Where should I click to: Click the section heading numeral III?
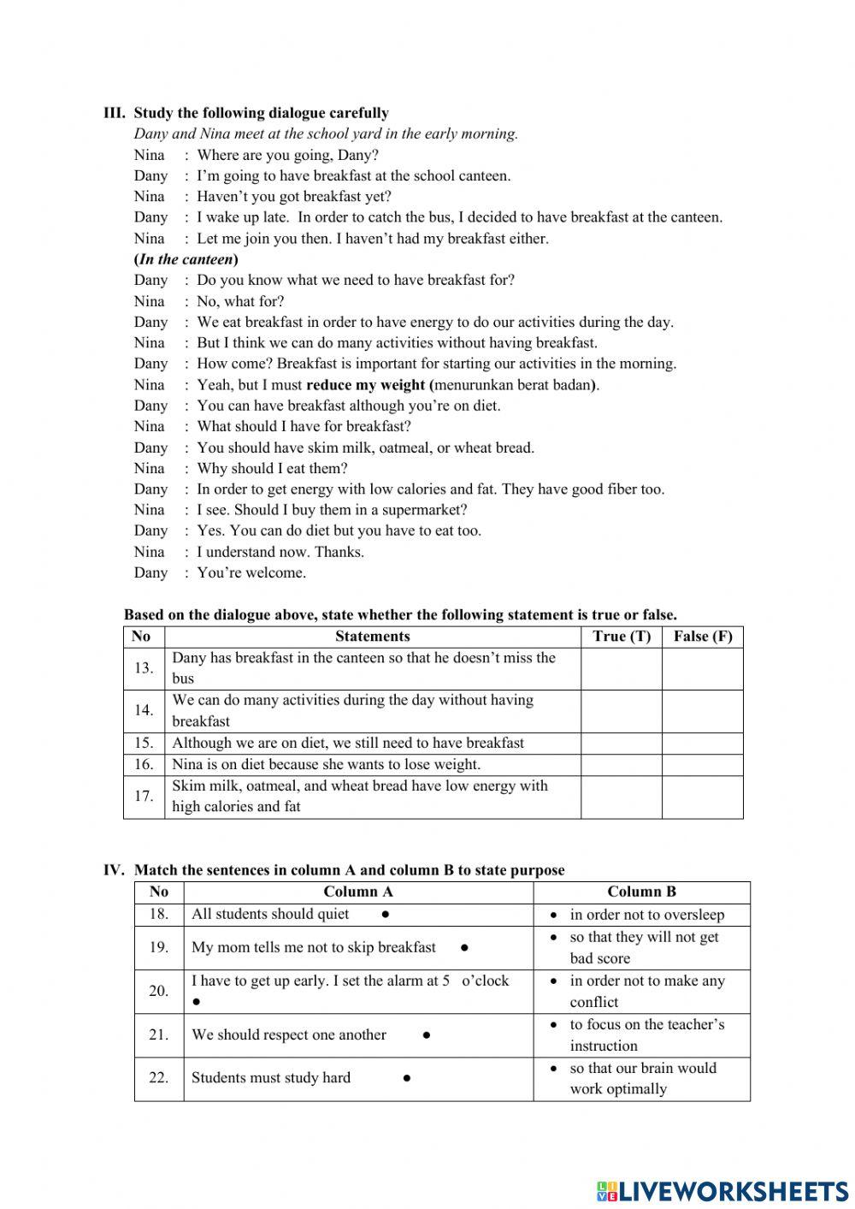(x=114, y=113)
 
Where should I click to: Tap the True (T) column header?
(x=622, y=637)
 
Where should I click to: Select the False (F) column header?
(x=703, y=637)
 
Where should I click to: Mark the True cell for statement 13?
(x=622, y=668)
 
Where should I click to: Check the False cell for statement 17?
(x=703, y=797)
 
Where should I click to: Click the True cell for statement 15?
(x=622, y=743)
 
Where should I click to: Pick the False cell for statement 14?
(x=703, y=711)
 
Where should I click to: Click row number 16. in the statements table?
(x=144, y=765)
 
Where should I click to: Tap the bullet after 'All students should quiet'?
(x=386, y=915)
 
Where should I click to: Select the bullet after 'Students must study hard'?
(x=407, y=1078)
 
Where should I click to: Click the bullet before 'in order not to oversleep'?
(x=554, y=915)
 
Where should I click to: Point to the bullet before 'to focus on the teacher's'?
(x=554, y=1024)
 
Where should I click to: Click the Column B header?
(x=641, y=892)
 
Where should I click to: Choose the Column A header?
(x=358, y=892)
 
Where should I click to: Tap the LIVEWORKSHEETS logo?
(x=722, y=1191)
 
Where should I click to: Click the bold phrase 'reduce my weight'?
(x=365, y=385)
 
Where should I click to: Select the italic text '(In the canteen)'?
(x=186, y=259)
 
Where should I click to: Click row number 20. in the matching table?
(x=159, y=991)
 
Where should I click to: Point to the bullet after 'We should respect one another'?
(x=426, y=1035)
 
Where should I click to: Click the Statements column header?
(x=372, y=637)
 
